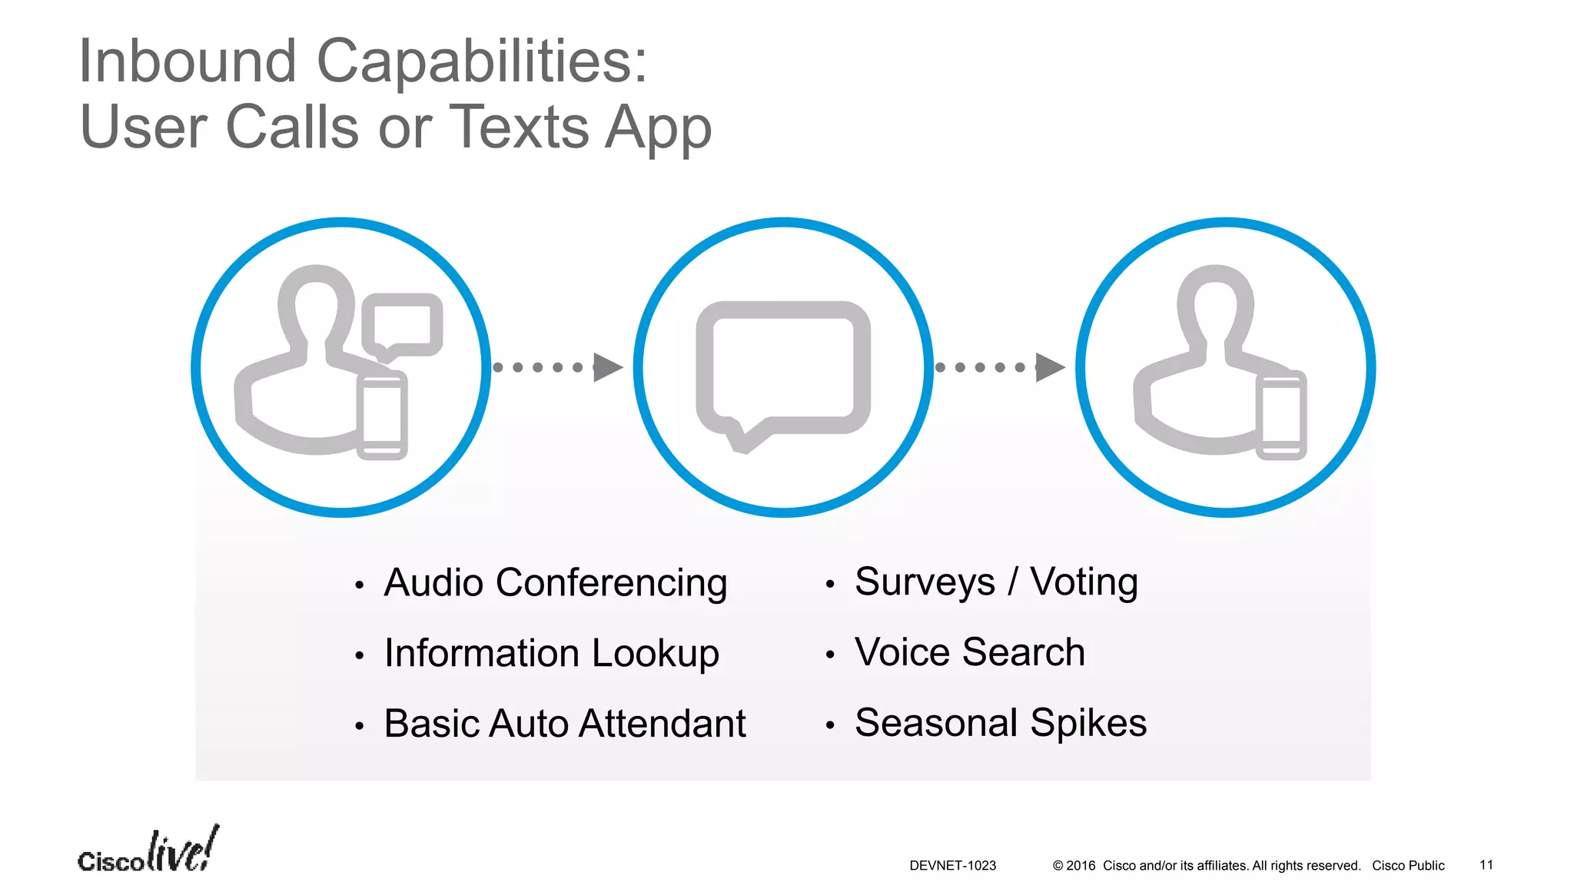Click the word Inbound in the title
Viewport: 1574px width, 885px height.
coord(188,61)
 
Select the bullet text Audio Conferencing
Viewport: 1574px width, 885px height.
coord(555,582)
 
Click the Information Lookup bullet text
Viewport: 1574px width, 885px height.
coord(551,653)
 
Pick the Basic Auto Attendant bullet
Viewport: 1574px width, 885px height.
coord(564,724)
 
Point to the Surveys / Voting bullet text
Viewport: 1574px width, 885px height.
coord(996,582)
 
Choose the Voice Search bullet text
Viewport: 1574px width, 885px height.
coord(969,652)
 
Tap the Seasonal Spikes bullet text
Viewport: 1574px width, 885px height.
coord(1000,723)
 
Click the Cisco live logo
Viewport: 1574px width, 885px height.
coord(148,851)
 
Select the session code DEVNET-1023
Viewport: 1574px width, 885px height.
coord(952,866)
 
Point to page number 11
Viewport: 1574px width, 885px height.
coord(1486,865)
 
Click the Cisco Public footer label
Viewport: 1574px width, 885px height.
coord(1408,866)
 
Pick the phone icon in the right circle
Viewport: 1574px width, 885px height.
coord(1281,416)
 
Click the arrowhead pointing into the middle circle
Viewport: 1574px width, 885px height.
coord(608,367)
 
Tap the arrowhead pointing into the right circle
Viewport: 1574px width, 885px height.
coord(1050,367)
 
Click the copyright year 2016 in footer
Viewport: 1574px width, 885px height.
coord(1080,866)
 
